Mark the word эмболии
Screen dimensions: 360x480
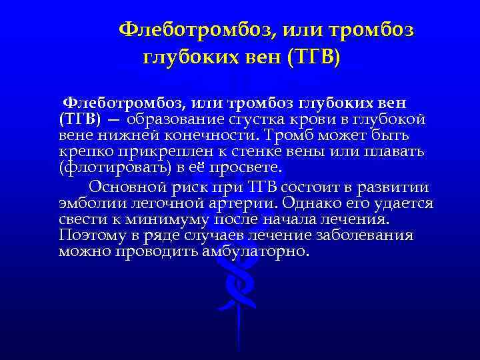tap(85, 203)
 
